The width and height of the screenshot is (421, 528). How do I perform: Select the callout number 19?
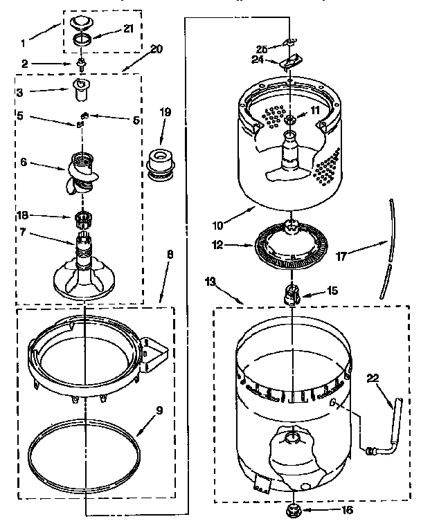coord(165,112)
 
